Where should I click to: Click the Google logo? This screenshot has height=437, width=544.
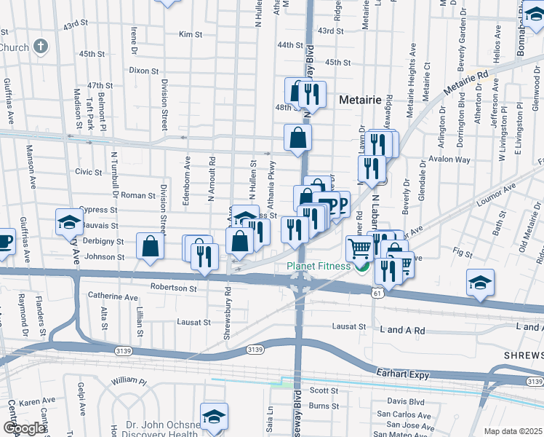[24, 428]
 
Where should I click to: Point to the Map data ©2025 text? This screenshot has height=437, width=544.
[513, 431]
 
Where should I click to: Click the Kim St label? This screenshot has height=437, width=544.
[190, 34]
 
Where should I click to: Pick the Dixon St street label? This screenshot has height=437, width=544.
[143, 71]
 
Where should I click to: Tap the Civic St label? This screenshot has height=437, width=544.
[88, 172]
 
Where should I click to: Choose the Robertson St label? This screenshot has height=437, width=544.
[173, 288]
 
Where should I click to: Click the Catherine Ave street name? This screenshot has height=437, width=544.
[113, 297]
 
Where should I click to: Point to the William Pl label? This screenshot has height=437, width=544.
[129, 381]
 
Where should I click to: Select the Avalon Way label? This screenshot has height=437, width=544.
[449, 160]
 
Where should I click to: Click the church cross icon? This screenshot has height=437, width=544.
[41, 47]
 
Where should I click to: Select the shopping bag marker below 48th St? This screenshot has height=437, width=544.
[298, 137]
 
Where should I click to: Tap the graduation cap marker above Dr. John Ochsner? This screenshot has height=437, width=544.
[214, 415]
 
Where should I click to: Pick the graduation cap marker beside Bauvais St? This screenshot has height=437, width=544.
[69, 221]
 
